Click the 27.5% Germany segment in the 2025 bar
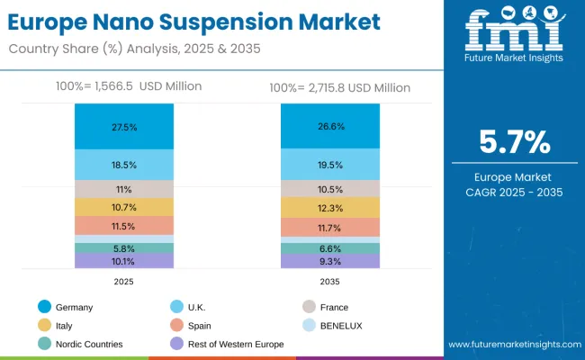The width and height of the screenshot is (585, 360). [124, 127]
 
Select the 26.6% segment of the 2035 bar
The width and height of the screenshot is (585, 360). [329, 126]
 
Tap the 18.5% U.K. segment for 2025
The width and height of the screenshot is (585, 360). [124, 166]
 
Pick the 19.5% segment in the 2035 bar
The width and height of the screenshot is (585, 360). [329, 166]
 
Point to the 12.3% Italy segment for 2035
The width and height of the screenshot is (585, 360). [329, 208]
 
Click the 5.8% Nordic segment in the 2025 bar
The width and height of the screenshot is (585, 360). [124, 248]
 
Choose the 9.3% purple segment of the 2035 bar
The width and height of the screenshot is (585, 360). [329, 261]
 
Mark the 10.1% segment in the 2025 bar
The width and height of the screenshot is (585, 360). [124, 262]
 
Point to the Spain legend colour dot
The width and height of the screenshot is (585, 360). [178, 325]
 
